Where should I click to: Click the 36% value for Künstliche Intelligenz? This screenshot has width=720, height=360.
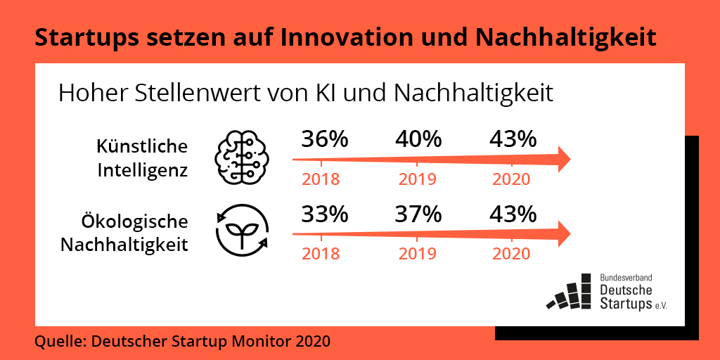pyautogui.click(x=325, y=139)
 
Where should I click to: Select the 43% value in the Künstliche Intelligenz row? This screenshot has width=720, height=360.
pyautogui.click(x=512, y=139)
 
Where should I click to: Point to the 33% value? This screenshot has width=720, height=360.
pyautogui.click(x=325, y=213)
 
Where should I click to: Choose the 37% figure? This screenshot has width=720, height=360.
pyautogui.click(x=418, y=213)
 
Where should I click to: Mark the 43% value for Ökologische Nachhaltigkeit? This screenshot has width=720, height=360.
pyautogui.click(x=512, y=213)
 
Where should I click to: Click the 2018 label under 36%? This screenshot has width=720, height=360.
pyautogui.click(x=321, y=179)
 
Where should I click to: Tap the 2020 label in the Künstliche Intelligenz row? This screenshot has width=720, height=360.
pyautogui.click(x=511, y=179)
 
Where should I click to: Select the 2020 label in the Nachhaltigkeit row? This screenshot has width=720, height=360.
pyautogui.click(x=511, y=253)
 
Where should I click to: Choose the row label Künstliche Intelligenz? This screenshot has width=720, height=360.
pyautogui.click(x=143, y=158)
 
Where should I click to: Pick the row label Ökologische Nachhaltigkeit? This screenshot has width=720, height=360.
pyautogui.click(x=124, y=233)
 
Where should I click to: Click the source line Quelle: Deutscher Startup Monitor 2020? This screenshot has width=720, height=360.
pyautogui.click(x=182, y=342)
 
